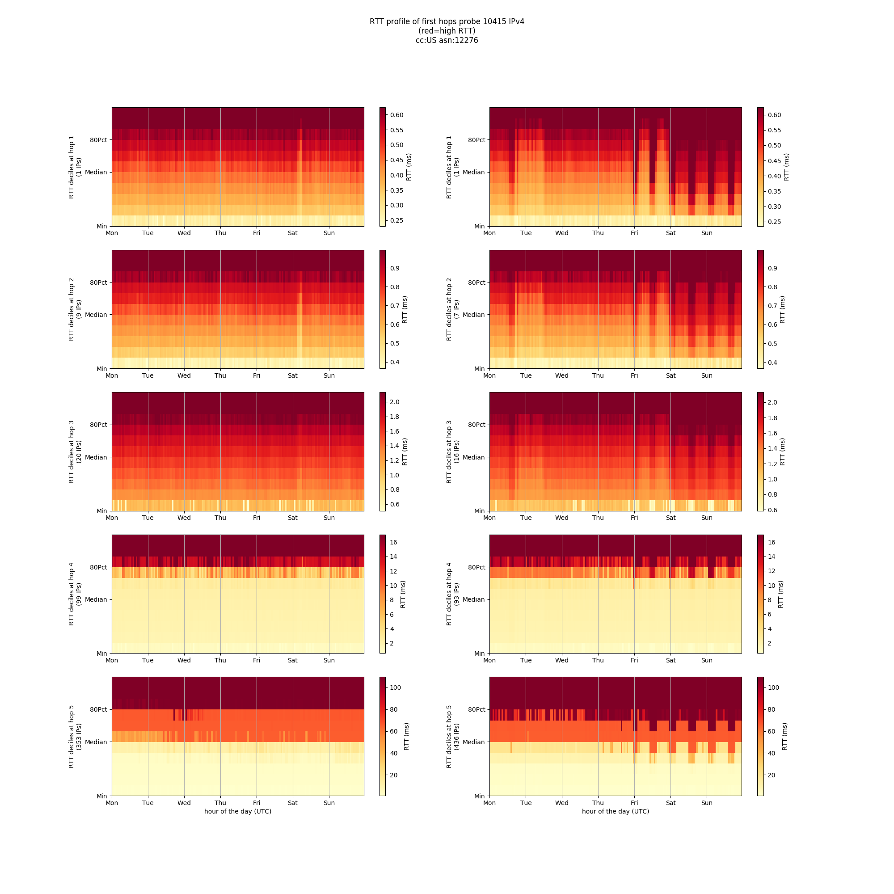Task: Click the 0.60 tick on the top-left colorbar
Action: (x=396, y=115)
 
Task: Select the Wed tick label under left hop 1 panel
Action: (x=184, y=233)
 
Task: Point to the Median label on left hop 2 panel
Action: (x=96, y=315)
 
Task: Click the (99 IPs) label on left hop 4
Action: (x=79, y=594)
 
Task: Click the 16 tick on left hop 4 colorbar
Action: (x=393, y=542)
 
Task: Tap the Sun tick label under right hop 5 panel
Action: (x=707, y=803)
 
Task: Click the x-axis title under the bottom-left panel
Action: (x=238, y=811)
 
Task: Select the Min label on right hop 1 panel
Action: (x=479, y=226)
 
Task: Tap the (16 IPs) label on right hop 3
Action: (x=457, y=452)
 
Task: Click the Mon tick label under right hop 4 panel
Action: (x=489, y=660)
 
